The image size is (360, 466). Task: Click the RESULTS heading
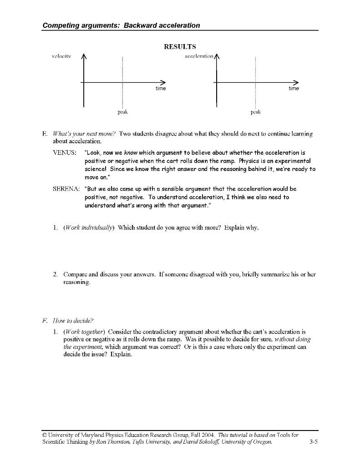(x=180, y=46)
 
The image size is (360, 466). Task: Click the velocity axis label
(x=61, y=56)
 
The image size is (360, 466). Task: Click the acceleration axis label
(x=199, y=56)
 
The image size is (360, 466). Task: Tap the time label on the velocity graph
(x=161, y=88)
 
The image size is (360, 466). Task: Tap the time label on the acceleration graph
(x=294, y=88)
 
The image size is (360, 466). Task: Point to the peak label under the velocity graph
(x=122, y=111)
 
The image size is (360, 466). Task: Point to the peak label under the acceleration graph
(x=256, y=111)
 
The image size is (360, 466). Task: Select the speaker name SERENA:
(x=66, y=188)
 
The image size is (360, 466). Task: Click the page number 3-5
(x=313, y=441)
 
